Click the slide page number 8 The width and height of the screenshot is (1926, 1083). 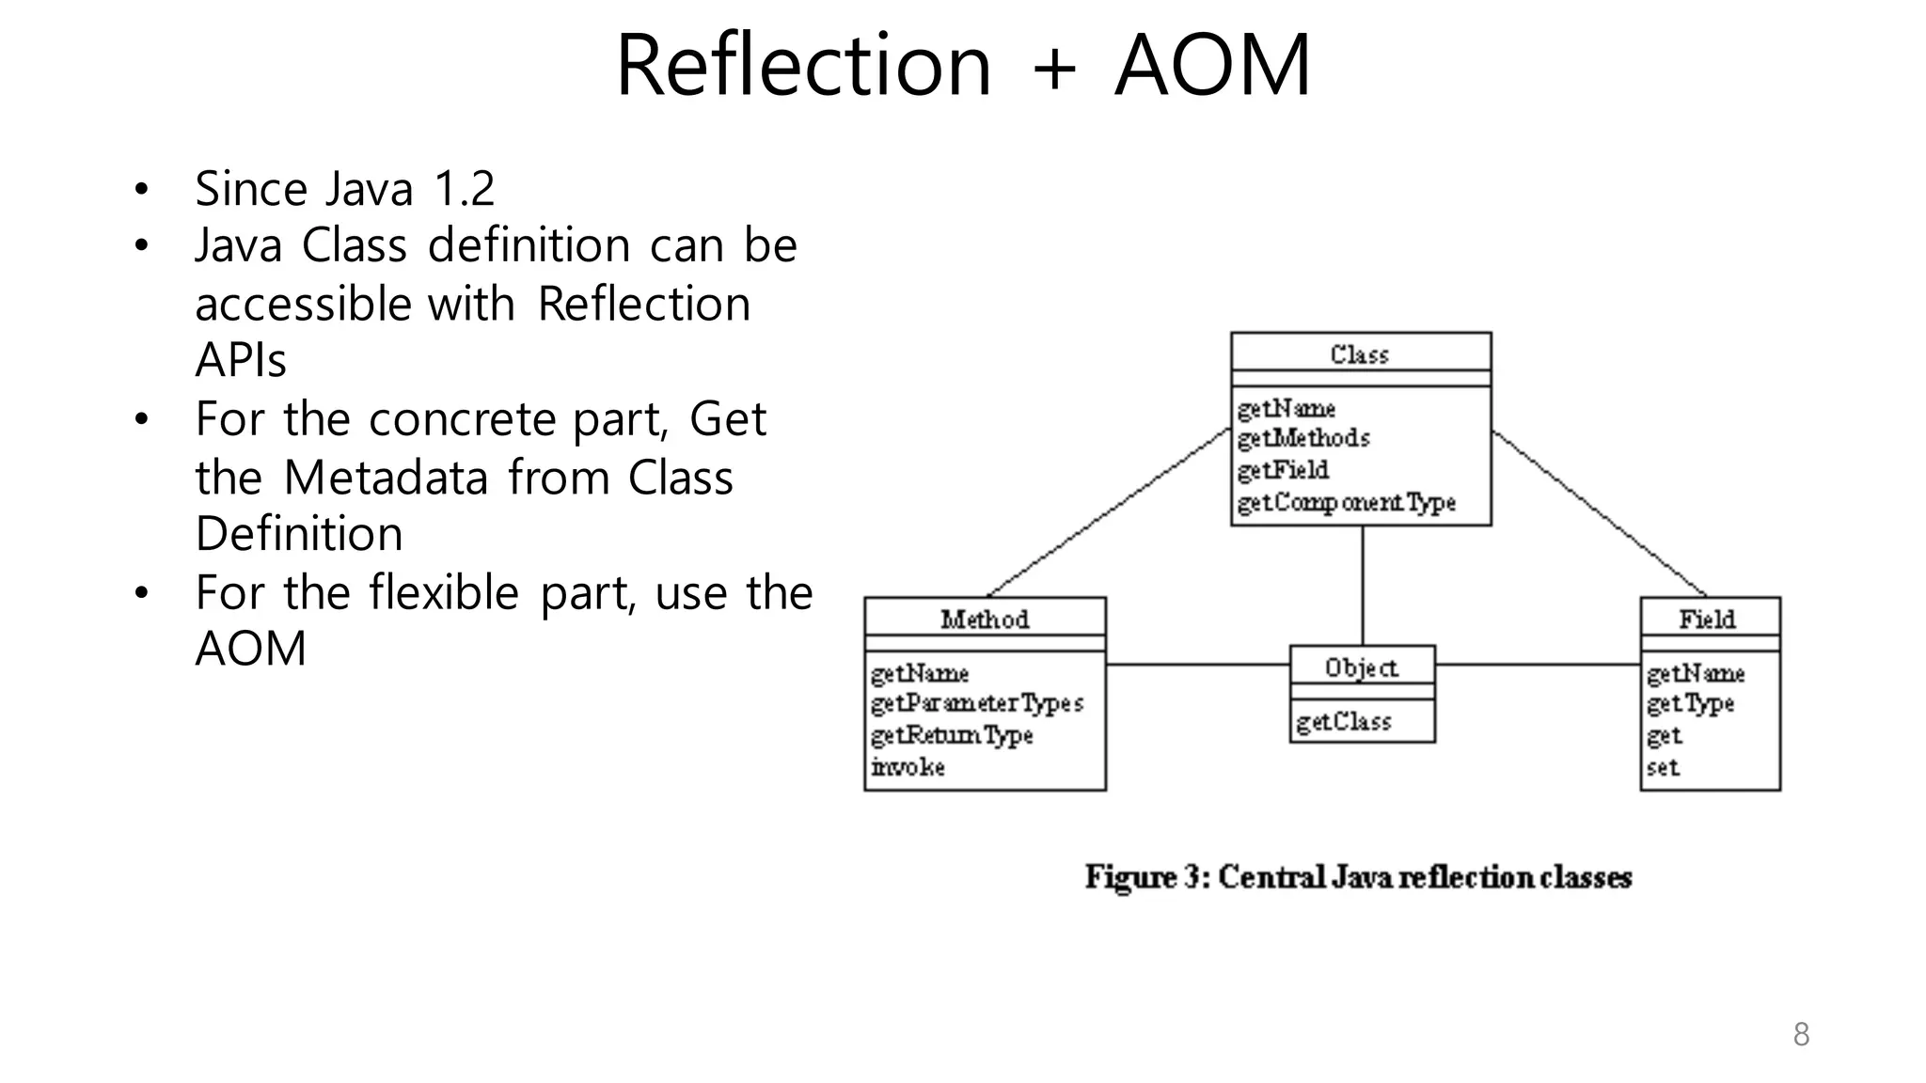coord(1801,1034)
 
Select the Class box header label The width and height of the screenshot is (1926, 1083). coord(1360,354)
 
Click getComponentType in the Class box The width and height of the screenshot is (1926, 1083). coord(1346,503)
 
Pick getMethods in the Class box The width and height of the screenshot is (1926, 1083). coord(1303,438)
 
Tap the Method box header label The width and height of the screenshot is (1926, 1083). coord(985,620)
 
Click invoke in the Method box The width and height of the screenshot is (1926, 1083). coord(908,767)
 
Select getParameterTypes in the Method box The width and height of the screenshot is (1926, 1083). coord(977,703)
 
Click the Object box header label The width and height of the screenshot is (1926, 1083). coord(1361,667)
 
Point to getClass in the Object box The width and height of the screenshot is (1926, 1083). coord(1343,722)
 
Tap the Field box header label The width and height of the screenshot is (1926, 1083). coord(1708,620)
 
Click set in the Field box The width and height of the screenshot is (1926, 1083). coord(1663,767)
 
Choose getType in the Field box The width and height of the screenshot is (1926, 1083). coord(1690,703)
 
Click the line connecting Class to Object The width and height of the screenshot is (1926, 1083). coord(1362,585)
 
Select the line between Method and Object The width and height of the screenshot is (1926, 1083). coord(1196,665)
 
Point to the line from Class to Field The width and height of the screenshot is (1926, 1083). coord(1599,512)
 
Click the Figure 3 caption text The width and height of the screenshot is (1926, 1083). coord(1358,877)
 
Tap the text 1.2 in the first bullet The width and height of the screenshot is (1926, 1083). coord(464,189)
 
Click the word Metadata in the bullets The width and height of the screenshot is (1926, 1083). coord(386,478)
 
